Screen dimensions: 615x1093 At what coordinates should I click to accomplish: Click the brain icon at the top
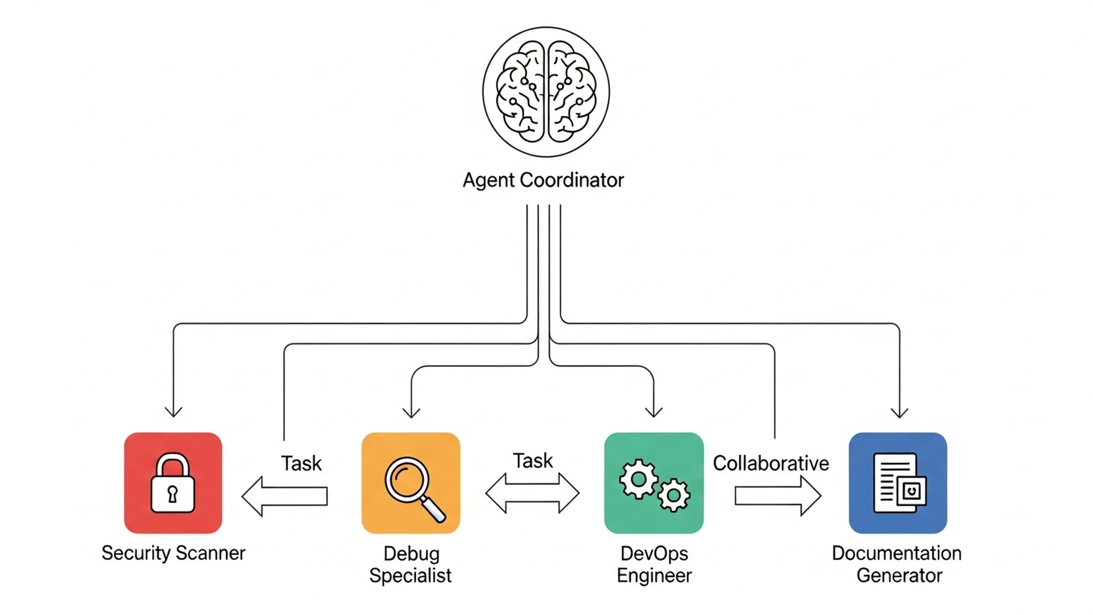546,92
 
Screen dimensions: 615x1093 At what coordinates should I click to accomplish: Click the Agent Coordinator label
543,180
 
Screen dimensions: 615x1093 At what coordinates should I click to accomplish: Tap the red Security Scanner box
173,483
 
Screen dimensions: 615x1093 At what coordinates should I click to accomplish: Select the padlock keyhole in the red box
172,493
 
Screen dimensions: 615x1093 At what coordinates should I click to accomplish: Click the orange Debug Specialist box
410,483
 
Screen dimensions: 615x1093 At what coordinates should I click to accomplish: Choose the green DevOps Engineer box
654,483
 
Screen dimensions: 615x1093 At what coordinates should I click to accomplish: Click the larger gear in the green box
638,479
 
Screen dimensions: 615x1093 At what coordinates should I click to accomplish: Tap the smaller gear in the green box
674,495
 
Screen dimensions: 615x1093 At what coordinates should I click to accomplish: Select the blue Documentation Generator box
898,483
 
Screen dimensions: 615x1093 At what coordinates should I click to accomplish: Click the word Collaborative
771,464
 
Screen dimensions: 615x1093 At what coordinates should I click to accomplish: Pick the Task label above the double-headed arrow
532,461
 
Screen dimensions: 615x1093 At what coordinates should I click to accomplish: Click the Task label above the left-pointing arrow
301,464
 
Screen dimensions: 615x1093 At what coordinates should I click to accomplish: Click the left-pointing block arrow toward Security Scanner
285,496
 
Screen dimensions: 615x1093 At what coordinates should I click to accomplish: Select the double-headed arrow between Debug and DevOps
532,493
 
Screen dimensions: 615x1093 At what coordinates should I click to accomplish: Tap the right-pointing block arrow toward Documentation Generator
777,496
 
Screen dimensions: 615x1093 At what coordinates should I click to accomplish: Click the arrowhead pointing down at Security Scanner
173,411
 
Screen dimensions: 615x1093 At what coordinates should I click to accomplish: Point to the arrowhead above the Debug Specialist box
411,412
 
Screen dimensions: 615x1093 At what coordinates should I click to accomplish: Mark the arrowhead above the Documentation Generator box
899,412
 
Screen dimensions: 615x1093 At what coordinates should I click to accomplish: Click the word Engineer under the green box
654,576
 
